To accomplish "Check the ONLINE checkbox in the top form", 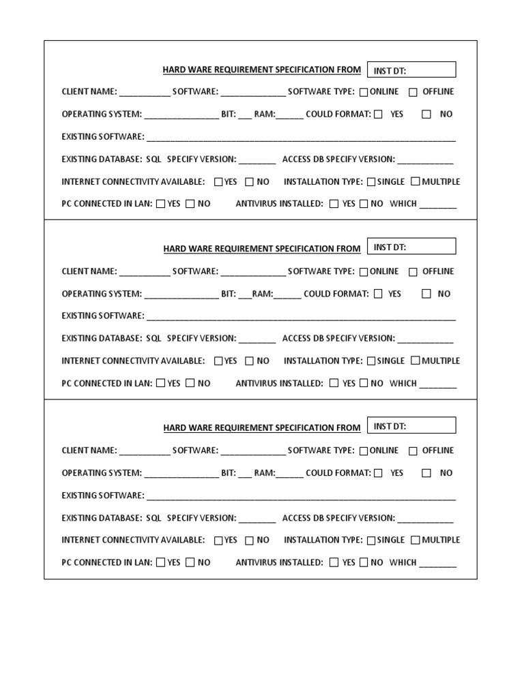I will point(364,92).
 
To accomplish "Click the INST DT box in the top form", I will point(411,70).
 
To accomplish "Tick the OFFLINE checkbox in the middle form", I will point(413,272).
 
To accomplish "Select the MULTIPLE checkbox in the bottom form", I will point(415,540).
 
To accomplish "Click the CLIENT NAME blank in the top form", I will point(145,93).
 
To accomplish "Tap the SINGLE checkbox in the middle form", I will point(371,361).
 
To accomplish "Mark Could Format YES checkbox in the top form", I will point(378,115).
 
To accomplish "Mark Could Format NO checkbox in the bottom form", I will point(426,473).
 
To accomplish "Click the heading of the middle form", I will point(261,249).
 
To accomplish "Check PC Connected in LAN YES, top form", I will point(160,204).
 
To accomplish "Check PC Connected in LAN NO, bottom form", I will point(190,562).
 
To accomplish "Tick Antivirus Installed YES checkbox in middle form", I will point(334,383).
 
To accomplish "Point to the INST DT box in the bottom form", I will point(411,426).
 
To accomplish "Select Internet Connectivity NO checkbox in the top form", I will point(249,182).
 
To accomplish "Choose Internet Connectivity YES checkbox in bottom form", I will point(218,541).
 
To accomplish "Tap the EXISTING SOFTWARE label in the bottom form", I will point(102,496).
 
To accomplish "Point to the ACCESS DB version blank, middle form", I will point(425,339).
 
